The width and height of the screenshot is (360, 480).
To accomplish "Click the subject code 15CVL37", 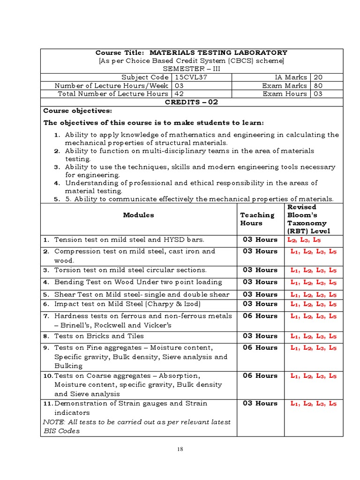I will pyautogui.click(x=190, y=77).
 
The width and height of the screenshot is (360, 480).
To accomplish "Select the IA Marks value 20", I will pyautogui.click(x=318, y=77).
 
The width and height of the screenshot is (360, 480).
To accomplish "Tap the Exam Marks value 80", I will pyautogui.click(x=318, y=86).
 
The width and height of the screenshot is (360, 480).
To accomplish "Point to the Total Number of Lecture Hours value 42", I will pyautogui.click(x=180, y=94).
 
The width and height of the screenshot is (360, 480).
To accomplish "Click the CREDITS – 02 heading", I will pyautogui.click(x=192, y=102).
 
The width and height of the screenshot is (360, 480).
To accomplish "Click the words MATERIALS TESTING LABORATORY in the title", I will pyautogui.click(x=218, y=52).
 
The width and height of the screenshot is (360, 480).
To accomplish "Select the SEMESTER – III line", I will pyautogui.click(x=191, y=69).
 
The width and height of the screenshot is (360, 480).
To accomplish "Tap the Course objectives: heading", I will pyautogui.click(x=78, y=111).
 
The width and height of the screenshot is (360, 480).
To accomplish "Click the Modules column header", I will pyautogui.click(x=138, y=215).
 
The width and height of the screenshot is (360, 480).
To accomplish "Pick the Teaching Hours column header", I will pyautogui.click(x=257, y=219).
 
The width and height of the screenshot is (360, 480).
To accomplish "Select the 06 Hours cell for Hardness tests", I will pyautogui.click(x=260, y=316).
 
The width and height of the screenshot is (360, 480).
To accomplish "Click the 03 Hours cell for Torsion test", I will pyautogui.click(x=260, y=270).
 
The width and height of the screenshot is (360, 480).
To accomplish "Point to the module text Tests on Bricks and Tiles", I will pyautogui.click(x=99, y=336).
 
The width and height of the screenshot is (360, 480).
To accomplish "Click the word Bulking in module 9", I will pyautogui.click(x=68, y=366).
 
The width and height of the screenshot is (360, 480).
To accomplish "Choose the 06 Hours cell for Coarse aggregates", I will pyautogui.click(x=260, y=375).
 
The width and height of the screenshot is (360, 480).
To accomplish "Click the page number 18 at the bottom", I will pyautogui.click(x=180, y=449).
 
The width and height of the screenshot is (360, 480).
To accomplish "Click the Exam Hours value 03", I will pyautogui.click(x=318, y=94).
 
